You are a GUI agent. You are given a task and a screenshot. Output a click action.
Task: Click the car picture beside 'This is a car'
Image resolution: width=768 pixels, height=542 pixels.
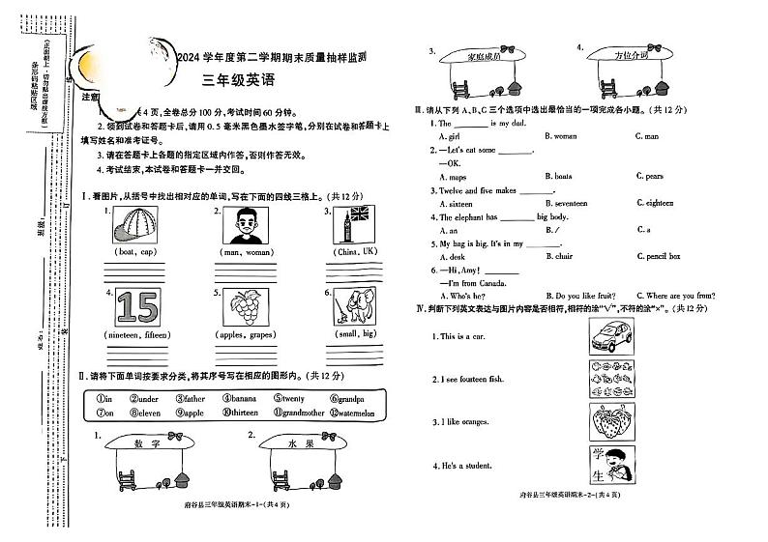click(x=610, y=335)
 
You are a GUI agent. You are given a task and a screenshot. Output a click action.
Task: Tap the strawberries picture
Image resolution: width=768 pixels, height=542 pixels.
click(x=610, y=422)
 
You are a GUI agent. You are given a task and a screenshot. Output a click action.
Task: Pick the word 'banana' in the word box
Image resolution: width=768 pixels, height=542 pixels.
click(x=240, y=398)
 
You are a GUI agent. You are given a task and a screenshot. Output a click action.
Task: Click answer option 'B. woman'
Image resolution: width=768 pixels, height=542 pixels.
click(x=561, y=136)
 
